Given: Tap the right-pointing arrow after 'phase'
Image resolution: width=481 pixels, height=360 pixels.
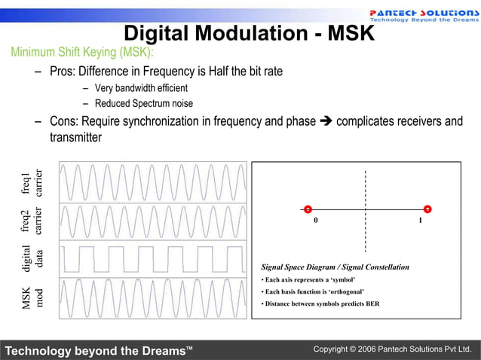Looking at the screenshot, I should click(x=326, y=121).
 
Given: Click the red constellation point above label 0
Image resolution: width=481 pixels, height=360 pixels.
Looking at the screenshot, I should click(x=308, y=209).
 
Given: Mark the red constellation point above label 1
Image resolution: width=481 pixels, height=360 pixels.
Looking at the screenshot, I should click(x=427, y=209).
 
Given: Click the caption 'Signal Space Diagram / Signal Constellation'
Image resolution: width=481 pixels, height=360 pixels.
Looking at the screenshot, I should click(x=335, y=267).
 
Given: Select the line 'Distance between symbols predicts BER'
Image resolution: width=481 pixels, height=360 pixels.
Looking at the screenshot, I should click(x=320, y=304).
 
